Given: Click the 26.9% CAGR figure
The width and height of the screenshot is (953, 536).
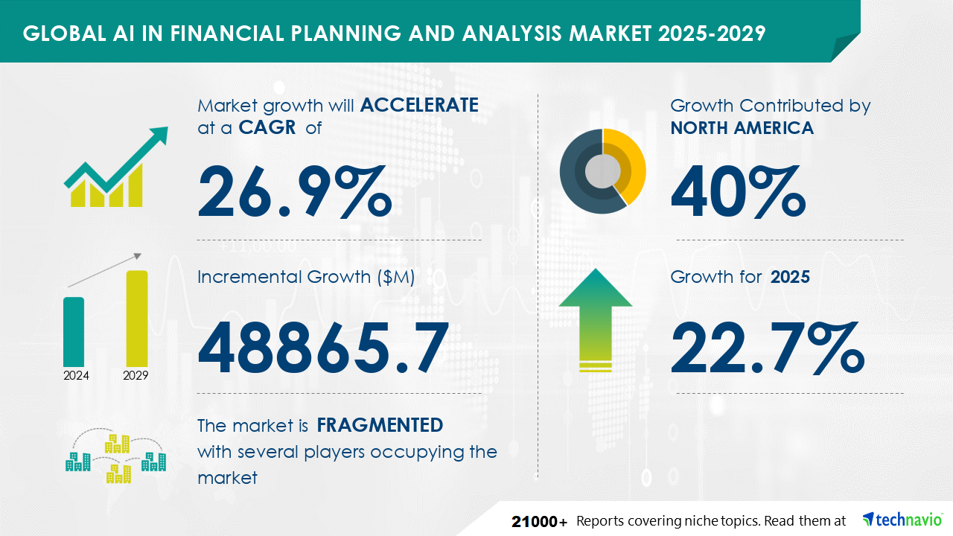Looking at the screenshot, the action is tap(294, 192).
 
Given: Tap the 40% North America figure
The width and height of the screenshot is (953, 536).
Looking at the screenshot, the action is tap(738, 192).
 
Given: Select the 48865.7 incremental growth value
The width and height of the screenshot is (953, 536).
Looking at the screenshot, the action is tap(323, 348).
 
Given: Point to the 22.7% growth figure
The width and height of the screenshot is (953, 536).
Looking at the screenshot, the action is tap(768, 348).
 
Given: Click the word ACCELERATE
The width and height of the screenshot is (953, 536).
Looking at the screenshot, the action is tap(419, 105).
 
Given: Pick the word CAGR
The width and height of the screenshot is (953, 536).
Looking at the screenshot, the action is tap(267, 127).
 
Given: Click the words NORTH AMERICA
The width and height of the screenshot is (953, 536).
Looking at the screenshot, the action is tap(742, 128).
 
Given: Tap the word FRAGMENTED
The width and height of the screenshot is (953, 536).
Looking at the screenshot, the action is tap(380, 425).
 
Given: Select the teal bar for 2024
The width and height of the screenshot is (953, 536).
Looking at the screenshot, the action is tap(74, 332).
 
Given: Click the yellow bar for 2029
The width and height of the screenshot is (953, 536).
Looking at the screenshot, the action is tap(137, 318).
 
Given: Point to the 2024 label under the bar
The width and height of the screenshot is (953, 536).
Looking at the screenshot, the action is tap(76, 375).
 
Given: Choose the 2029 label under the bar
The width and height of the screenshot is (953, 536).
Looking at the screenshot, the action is tap(136, 375).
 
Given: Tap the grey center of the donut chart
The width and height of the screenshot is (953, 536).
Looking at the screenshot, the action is tap(602, 171).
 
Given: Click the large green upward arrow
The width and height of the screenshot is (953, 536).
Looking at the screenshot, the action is tap(596, 319).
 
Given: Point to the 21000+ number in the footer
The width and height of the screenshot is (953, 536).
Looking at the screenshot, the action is tap(540, 522).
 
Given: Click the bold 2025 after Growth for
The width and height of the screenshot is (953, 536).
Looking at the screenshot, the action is tap(790, 277).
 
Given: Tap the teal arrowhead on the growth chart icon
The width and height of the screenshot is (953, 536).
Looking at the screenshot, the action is tap(159, 135).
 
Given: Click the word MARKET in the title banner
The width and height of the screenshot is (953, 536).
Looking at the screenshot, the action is tap(610, 33).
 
